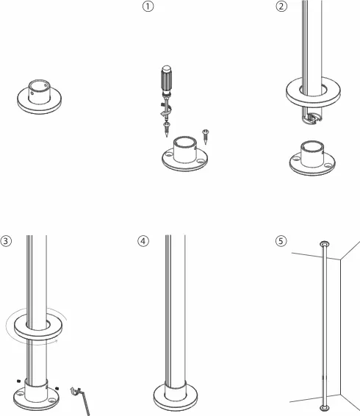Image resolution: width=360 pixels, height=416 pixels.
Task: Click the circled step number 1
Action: click(x=148, y=6)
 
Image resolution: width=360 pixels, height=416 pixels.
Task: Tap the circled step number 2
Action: click(x=281, y=6)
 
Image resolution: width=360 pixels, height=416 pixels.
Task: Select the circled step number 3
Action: click(x=6, y=241)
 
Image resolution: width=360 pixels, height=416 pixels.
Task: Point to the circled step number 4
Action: click(x=143, y=241)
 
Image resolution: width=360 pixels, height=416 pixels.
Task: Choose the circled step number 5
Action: click(x=281, y=241)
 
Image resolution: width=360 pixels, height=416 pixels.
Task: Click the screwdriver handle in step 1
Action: click(x=166, y=79)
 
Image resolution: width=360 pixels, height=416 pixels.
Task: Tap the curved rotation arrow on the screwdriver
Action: click(x=166, y=110)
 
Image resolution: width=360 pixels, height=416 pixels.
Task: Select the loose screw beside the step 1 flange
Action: click(x=205, y=137)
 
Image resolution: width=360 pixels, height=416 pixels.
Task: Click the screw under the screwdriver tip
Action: click(x=166, y=129)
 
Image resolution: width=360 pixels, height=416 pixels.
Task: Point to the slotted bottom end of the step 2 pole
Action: click(x=312, y=118)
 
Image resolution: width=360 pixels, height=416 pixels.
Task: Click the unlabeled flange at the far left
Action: click(x=39, y=96)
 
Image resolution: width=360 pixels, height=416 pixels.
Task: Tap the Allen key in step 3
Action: click(x=81, y=401)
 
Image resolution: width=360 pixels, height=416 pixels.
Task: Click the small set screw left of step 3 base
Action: click(x=18, y=381)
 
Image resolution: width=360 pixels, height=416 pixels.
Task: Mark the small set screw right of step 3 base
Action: click(x=57, y=388)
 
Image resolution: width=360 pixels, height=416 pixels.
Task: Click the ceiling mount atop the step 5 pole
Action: click(x=325, y=244)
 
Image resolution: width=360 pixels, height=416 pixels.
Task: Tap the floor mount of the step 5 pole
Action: click(x=325, y=408)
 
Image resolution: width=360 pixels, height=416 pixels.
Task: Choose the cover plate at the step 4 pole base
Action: click(x=176, y=398)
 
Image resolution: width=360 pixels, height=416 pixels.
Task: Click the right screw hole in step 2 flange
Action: click(x=328, y=165)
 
